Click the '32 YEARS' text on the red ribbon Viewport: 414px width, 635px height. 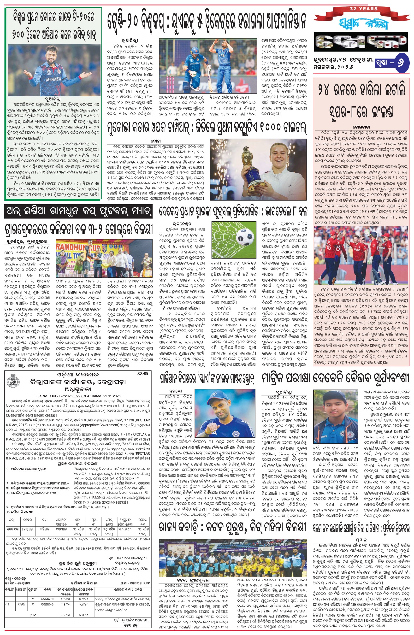[x=364, y=9]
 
